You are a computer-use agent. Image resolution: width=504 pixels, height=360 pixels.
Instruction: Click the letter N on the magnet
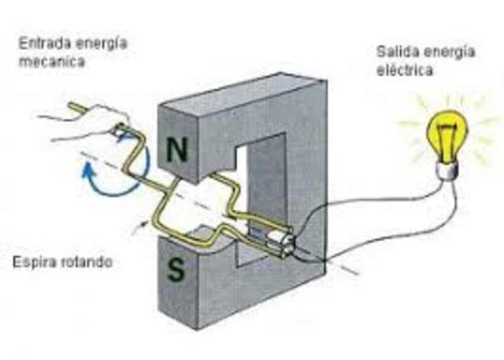point(179,150)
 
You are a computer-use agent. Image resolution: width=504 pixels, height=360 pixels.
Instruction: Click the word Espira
point(37,261)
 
